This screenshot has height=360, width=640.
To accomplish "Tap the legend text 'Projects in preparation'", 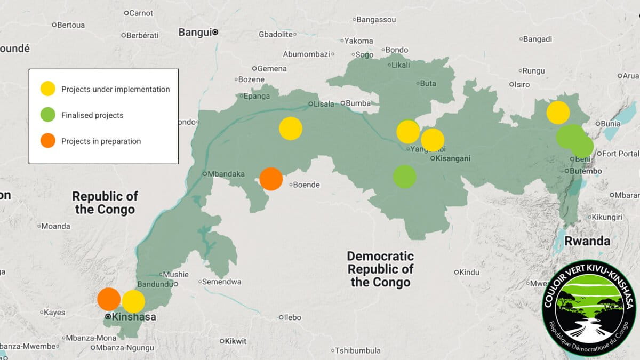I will coord(101,141).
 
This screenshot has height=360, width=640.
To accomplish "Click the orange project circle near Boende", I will coord(271,179).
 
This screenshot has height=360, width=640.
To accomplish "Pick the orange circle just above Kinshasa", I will coord(109,299).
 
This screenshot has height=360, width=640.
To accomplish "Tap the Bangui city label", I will coord(195,32).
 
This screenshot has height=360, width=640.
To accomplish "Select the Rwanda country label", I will coord(588,241).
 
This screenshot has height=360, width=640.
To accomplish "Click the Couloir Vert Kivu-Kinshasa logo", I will coord(589,310).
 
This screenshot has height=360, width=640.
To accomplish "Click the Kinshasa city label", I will coord(134,317).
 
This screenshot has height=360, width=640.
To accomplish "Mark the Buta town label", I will coord(428,83).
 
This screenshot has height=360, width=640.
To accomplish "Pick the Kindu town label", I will coord(469,272).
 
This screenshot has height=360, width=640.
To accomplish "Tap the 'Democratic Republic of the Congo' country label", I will coord(380,269).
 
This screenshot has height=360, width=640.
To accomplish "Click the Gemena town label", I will coord(272,68).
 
